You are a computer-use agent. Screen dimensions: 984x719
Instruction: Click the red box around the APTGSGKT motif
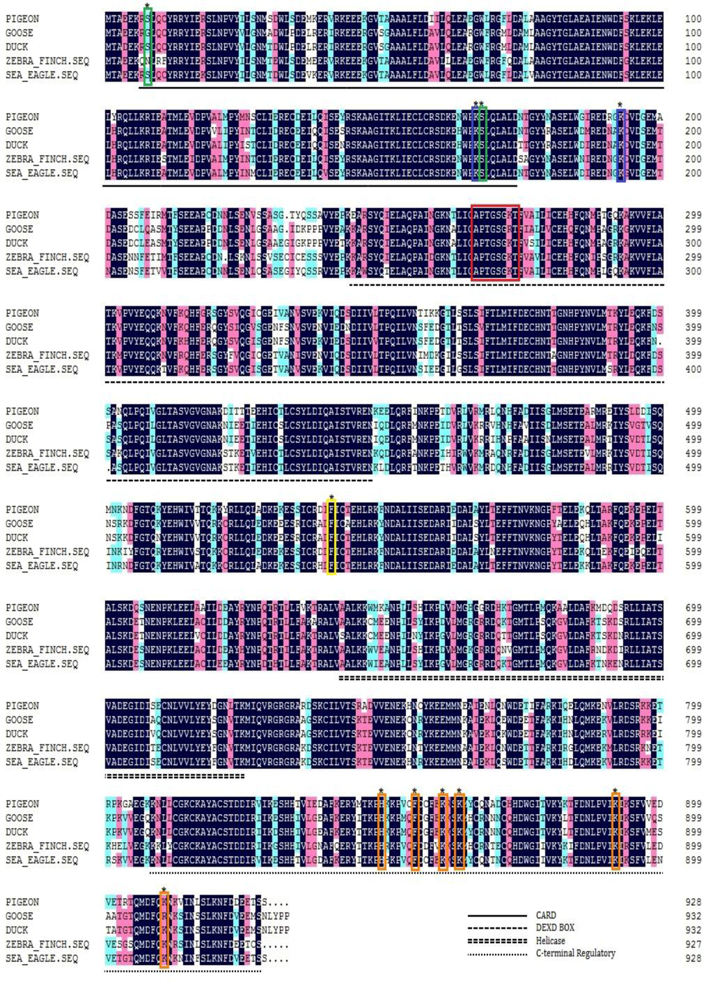coord(496,243)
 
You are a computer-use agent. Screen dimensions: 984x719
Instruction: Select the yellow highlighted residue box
coord(331,538)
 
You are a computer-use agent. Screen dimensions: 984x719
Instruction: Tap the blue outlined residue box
coord(621,145)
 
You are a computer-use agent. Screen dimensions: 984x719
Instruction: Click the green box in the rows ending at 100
coord(147,47)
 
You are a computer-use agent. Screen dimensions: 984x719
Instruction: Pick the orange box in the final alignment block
coord(164,930)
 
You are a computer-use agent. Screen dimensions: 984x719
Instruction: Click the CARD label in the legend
coord(546,915)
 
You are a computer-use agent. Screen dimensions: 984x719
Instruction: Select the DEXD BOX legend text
coord(555,928)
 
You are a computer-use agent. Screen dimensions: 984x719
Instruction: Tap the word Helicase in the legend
coord(550,940)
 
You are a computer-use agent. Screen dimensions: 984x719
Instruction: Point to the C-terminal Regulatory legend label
coord(575,953)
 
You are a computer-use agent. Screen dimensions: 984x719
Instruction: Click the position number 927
coord(692,944)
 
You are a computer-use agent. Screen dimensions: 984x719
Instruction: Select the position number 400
coord(692,369)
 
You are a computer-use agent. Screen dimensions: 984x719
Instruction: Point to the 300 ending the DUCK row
coord(692,243)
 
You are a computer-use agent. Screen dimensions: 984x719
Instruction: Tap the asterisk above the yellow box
coord(331,499)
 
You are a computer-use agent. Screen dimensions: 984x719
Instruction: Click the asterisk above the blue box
coord(619,106)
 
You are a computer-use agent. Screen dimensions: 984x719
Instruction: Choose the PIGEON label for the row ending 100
coord(22,19)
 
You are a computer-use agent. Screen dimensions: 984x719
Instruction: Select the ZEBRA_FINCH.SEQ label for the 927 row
coord(47,944)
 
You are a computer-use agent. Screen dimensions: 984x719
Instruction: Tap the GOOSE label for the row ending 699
coord(19,622)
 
